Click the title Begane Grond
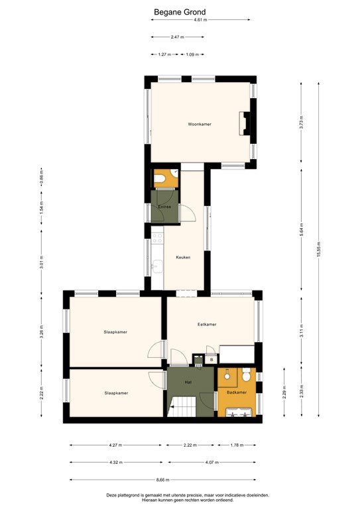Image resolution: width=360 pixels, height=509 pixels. click(180, 11)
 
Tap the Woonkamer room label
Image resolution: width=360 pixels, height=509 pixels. click(200, 124)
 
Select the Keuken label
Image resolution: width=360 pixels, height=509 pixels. click(184, 257)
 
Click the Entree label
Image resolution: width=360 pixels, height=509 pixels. click(164, 207)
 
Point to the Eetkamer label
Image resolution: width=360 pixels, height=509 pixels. click(208, 324)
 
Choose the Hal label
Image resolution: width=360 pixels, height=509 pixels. click(188, 382)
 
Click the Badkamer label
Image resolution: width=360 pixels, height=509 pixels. click(236, 392)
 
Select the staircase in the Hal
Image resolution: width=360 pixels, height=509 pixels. click(182, 404)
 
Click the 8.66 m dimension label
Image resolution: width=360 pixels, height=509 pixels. click(163, 480)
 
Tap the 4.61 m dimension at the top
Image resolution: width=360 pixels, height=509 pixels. click(200, 20)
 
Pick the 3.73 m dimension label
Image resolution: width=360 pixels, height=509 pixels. click(301, 122)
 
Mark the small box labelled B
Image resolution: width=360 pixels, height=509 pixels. click(211, 360)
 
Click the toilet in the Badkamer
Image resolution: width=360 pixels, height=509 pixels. click(245, 375)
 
